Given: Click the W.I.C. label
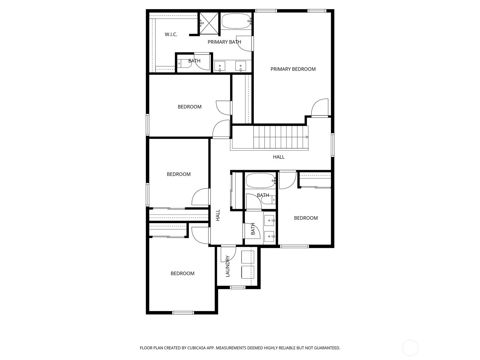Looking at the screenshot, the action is pyautogui.click(x=171, y=34).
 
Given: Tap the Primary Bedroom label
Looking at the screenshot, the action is pyautogui.click(x=293, y=69).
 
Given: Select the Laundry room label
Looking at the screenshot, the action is pyautogui.click(x=227, y=266).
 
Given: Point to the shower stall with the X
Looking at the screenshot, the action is pyautogui.click(x=209, y=24).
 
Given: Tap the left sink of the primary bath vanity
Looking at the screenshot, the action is pyautogui.click(x=219, y=66).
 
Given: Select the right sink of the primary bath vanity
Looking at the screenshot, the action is pyautogui.click(x=241, y=66).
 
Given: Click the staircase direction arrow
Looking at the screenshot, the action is pyautogui.click(x=307, y=137).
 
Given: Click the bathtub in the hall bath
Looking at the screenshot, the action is pyautogui.click(x=260, y=181).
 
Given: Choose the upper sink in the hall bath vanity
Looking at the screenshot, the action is pyautogui.click(x=269, y=220).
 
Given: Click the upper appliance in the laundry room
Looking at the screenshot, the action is pyautogui.click(x=248, y=257).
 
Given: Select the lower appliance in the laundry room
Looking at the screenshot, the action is pyautogui.click(x=248, y=272).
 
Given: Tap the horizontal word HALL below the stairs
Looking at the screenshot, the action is pyautogui.click(x=279, y=157).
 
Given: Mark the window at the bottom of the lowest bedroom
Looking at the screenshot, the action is pyautogui.click(x=183, y=313).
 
